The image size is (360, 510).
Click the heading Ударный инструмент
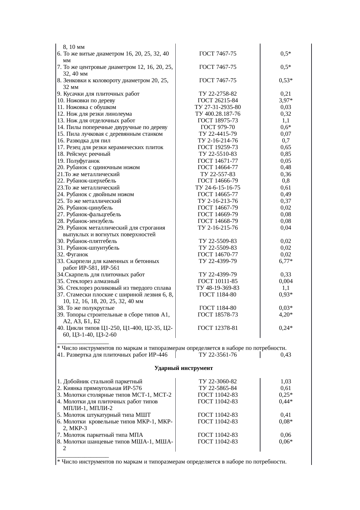click(x=183, y=368)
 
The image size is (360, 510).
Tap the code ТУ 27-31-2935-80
click(x=217, y=107)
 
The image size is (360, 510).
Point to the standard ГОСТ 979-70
click(x=217, y=127)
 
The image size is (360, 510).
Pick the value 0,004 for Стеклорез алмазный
click(x=286, y=281)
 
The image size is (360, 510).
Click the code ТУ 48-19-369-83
click(x=217, y=288)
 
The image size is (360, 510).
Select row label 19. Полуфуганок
click(x=78, y=161)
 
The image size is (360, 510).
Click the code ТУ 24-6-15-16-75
click(x=217, y=188)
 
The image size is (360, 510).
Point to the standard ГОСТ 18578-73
click(x=217, y=315)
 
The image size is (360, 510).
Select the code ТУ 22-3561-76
click(x=217, y=355)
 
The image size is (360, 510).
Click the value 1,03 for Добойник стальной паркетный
click(x=286, y=382)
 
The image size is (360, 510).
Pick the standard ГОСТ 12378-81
click(x=217, y=328)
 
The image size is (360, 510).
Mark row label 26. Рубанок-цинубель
click(x=85, y=208)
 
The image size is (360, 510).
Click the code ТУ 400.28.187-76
click(x=217, y=114)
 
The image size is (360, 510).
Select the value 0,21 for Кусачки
click(x=286, y=94)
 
